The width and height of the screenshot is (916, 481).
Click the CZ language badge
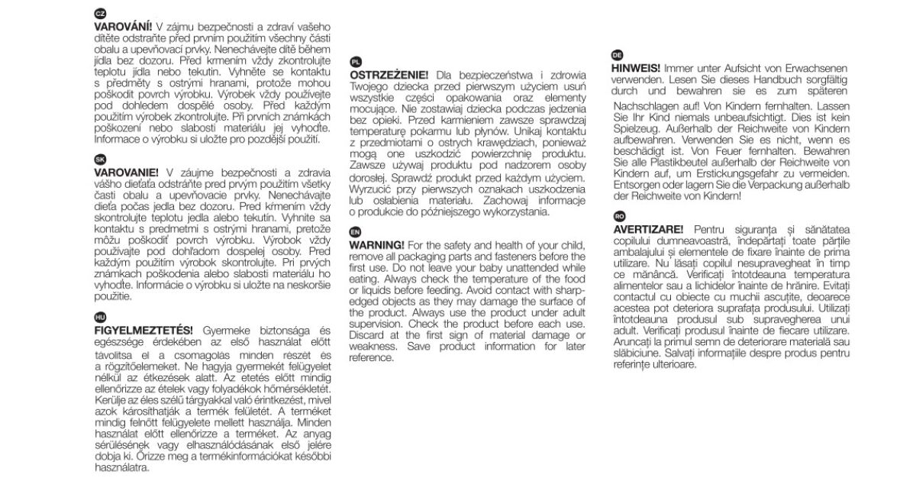click(99, 15)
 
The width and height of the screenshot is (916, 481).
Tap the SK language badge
click(99, 160)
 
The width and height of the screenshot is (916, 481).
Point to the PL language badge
click(356, 61)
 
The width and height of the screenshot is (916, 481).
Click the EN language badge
click(356, 231)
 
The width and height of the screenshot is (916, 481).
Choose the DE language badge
click(619, 54)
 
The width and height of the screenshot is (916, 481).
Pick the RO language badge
click(619, 215)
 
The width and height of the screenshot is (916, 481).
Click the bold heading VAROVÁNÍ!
click(123, 27)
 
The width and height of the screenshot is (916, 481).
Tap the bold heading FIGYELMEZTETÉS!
click(143, 331)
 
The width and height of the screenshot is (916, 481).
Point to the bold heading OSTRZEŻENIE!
click(389, 75)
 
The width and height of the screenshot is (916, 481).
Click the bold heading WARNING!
click(377, 245)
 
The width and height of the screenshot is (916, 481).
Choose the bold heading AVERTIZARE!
click(650, 229)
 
